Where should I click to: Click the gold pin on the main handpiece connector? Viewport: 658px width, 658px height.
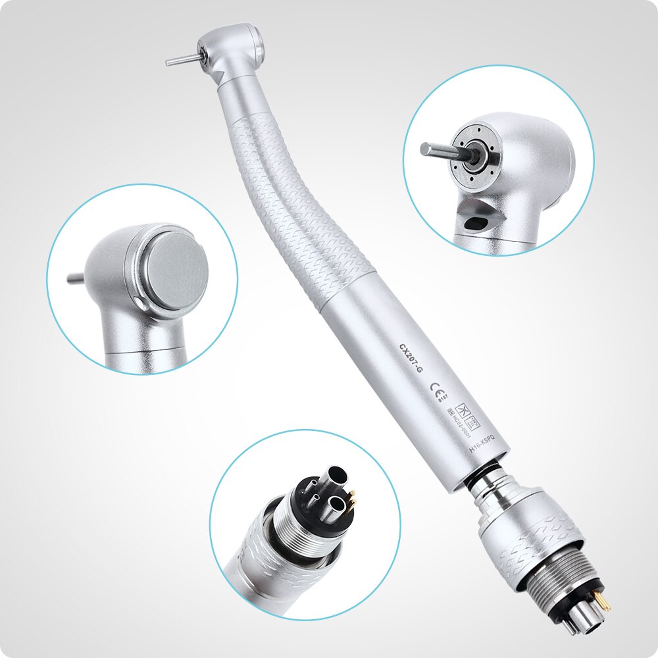click(601, 600)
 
